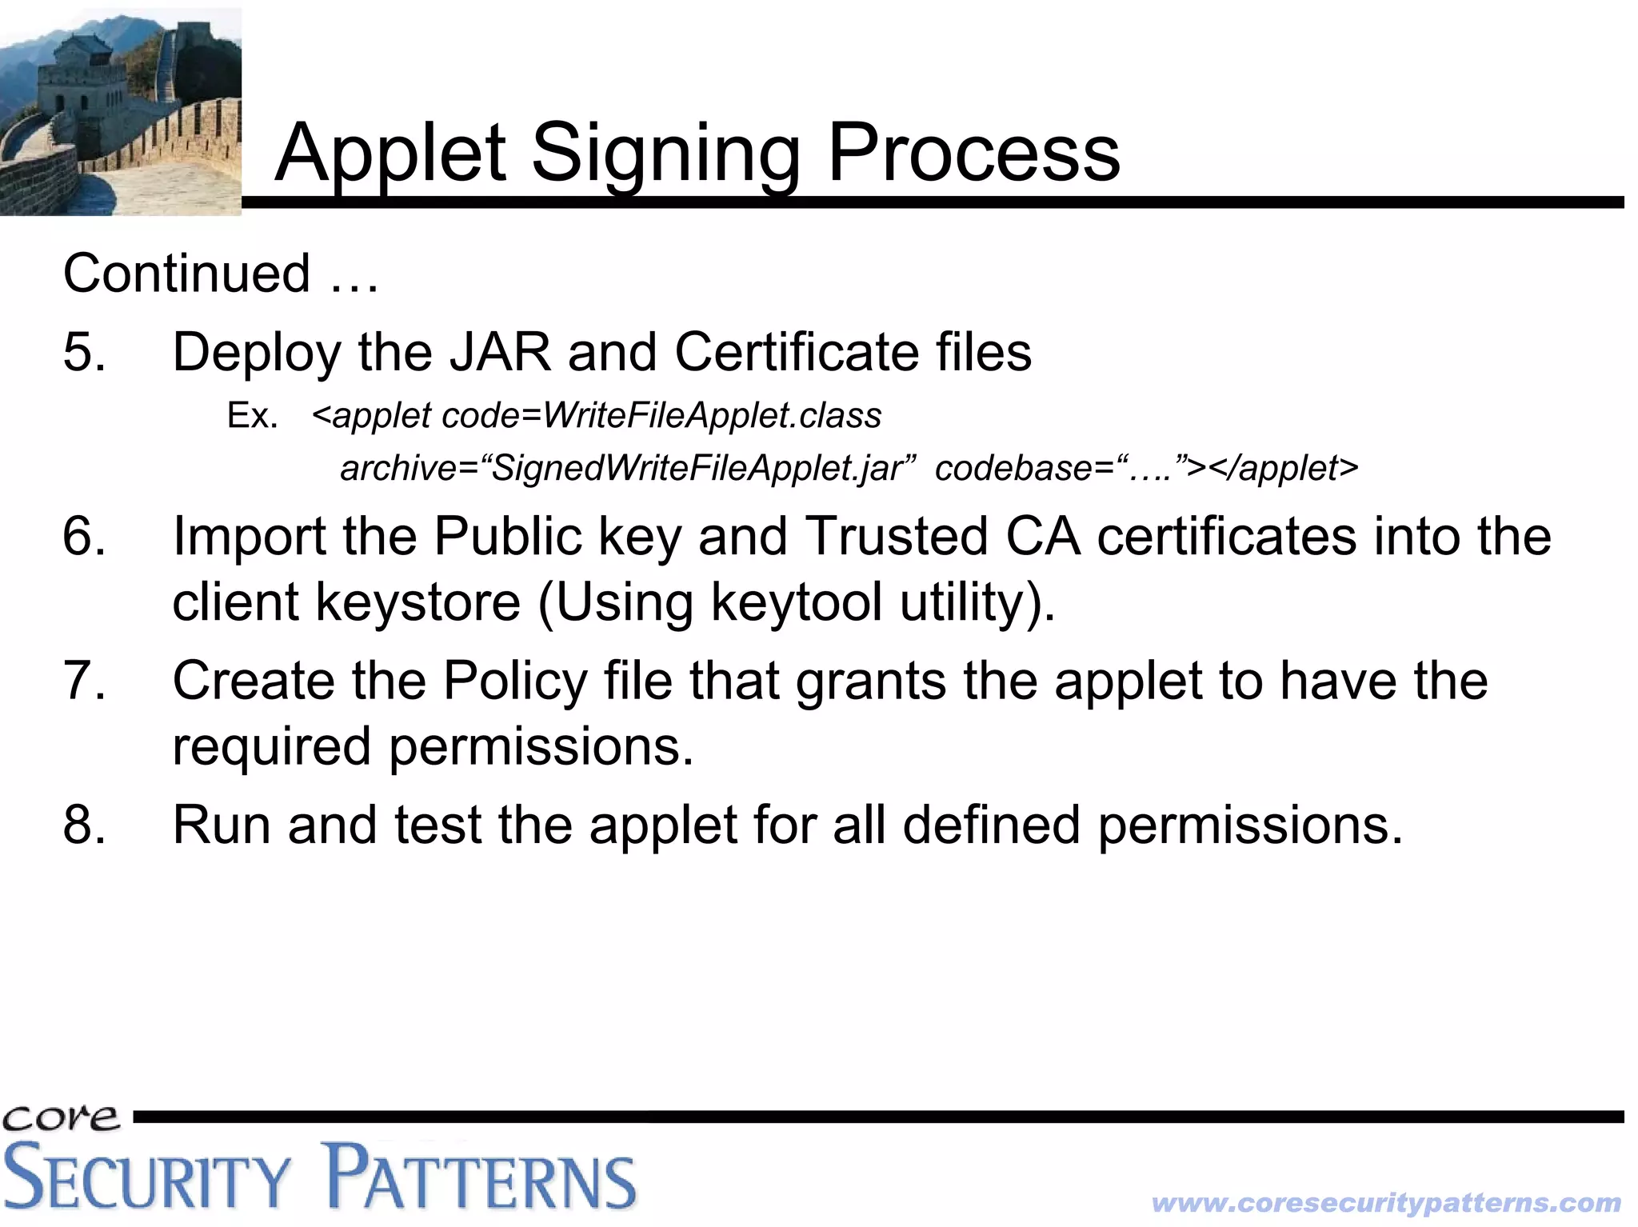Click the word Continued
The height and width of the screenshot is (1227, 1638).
[x=186, y=274]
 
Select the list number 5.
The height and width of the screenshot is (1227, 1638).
[x=84, y=352]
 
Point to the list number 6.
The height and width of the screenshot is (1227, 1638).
[x=84, y=536]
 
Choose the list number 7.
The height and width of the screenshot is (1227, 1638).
[x=84, y=681]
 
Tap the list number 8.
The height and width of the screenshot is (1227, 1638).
[x=84, y=825]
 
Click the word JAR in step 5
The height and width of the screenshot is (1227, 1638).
[x=500, y=352]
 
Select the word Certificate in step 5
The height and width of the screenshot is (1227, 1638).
[x=796, y=352]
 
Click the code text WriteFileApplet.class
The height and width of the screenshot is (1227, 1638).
[x=712, y=416]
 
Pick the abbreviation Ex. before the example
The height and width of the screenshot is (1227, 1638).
[x=252, y=416]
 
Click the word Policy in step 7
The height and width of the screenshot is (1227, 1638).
[x=516, y=681]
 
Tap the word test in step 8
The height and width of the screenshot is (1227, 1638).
[x=437, y=825]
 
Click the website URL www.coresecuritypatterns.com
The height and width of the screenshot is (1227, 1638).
[x=1385, y=1202]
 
